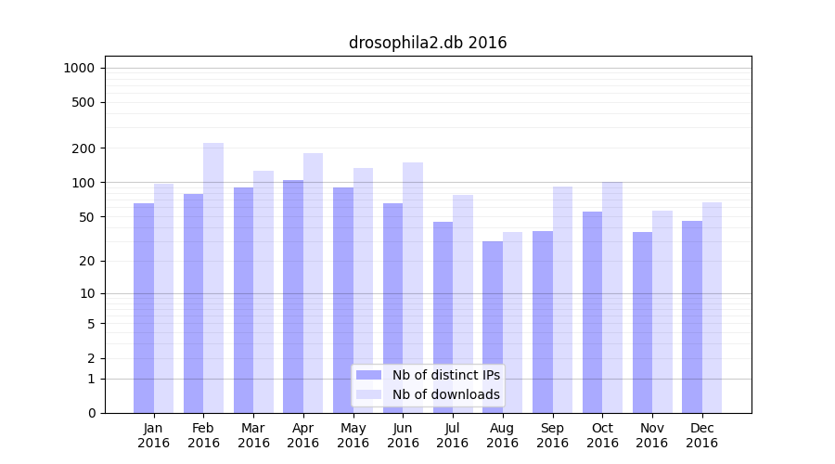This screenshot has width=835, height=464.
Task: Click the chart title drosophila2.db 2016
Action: pyautogui.click(x=428, y=43)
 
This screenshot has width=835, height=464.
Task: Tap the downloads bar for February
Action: pyautogui.click(x=213, y=278)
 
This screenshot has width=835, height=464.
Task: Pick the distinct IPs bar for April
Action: pyautogui.click(x=293, y=297)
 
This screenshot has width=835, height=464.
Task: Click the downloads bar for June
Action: pyautogui.click(x=413, y=288)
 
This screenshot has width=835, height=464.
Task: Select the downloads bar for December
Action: pyautogui.click(x=713, y=307)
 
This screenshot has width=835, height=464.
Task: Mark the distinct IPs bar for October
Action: pyautogui.click(x=593, y=312)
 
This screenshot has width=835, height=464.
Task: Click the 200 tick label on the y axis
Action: pyautogui.click(x=83, y=148)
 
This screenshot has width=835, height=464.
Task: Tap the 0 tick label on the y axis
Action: pyautogui.click(x=91, y=413)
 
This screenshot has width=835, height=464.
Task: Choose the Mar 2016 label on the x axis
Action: pyautogui.click(x=253, y=435)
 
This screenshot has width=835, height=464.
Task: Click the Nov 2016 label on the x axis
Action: pyautogui.click(x=652, y=435)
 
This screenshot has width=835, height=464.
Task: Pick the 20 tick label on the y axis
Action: pyautogui.click(x=87, y=261)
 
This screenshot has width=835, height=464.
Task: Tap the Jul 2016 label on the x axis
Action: pyautogui.click(x=453, y=435)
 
